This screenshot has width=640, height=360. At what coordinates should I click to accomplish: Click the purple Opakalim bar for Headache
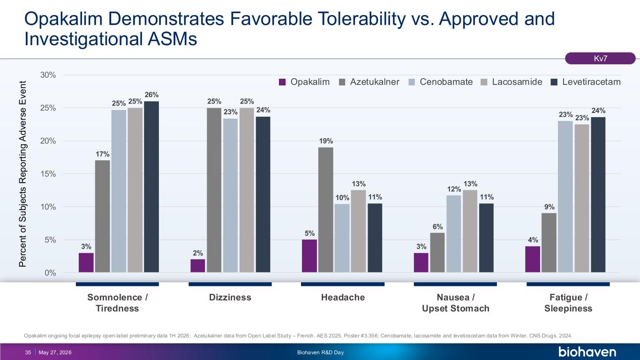tap(309, 256)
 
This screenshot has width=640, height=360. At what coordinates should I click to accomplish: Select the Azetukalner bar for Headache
tap(326, 210)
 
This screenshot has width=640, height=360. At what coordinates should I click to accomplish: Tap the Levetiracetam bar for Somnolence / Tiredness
tap(151, 187)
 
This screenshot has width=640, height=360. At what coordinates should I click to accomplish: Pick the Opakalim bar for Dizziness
tap(198, 266)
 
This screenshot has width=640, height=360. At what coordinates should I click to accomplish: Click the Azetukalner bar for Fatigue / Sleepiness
tap(549, 242)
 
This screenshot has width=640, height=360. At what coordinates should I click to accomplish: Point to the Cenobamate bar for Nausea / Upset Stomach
tap(454, 234)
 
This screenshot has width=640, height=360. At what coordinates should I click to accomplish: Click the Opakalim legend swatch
tap(282, 82)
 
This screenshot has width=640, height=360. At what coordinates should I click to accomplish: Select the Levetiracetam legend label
tap(591, 82)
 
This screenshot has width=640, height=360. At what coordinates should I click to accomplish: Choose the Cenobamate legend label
tap(446, 82)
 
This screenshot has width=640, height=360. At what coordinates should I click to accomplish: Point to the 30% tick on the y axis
tap(48, 75)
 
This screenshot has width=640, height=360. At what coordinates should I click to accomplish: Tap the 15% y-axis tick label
tap(48, 174)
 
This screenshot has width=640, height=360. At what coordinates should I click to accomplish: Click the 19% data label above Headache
tap(326, 141)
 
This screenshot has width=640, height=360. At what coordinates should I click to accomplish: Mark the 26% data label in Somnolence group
tap(151, 95)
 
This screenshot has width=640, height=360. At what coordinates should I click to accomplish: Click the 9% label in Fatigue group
tap(549, 207)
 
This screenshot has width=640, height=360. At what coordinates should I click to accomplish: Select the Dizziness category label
tap(230, 297)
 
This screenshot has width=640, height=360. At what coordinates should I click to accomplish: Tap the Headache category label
tap(343, 297)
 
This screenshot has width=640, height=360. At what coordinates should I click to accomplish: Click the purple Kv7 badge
tap(600, 58)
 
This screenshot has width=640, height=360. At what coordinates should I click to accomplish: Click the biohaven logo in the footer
tap(587, 352)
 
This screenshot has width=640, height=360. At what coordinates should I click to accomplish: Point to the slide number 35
tap(28, 352)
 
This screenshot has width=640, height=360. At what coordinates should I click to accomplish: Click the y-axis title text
tap(23, 174)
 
